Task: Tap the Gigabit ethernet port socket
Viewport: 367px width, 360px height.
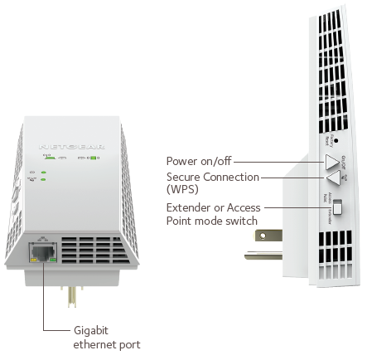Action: [40, 248]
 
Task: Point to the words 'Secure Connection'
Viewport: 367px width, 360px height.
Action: [213, 176]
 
